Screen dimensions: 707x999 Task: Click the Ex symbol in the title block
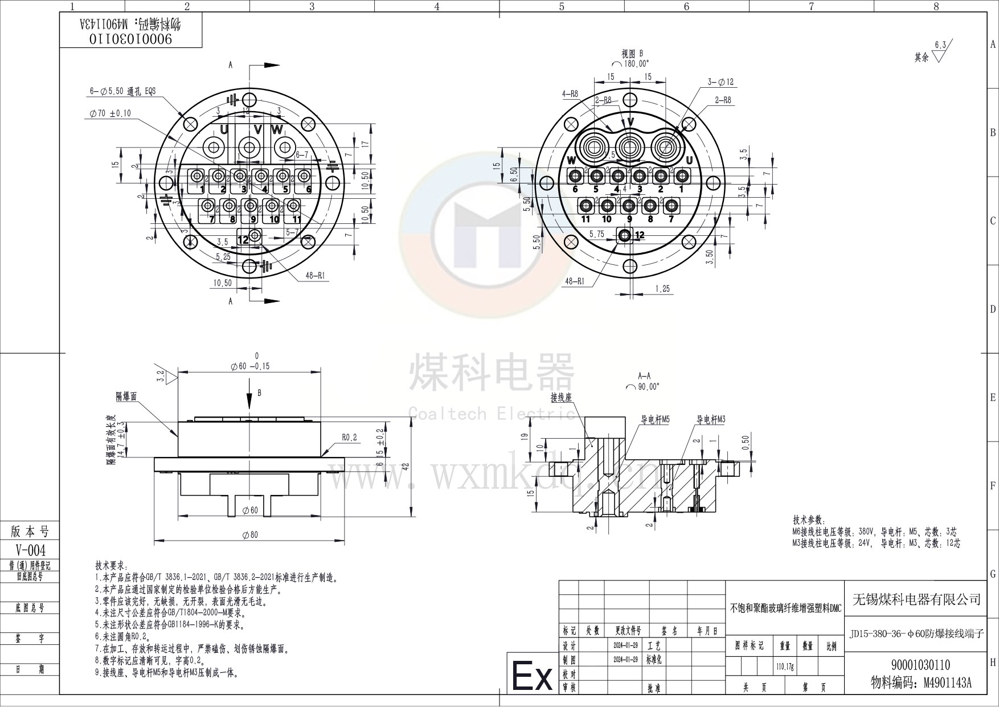coord(532,676)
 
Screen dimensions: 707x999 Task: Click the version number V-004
coord(30,550)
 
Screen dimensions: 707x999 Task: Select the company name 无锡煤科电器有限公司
coord(916,599)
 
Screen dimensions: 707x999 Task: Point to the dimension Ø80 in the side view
coord(250,534)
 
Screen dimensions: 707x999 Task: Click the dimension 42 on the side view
coord(405,465)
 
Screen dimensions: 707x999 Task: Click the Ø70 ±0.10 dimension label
coord(110,113)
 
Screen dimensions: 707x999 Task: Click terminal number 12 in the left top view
coord(243,240)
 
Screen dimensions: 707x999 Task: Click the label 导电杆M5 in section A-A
coord(655,419)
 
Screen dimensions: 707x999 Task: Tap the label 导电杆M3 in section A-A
coord(710,419)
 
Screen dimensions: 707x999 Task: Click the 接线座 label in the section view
coord(561,397)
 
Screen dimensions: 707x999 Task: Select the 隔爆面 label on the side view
coord(126,397)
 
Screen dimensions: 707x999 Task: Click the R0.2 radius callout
coord(349,437)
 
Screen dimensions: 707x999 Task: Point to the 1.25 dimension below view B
coord(662,289)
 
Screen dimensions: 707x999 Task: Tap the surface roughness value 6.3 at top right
coord(940,44)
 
